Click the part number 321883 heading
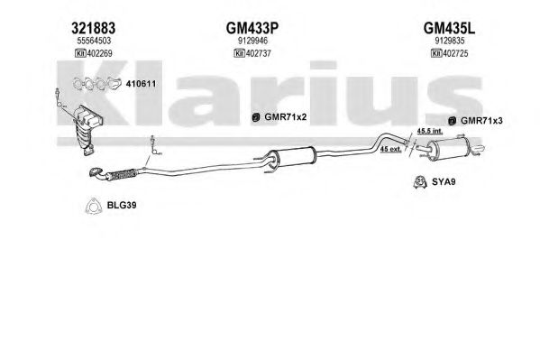94,28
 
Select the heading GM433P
252,28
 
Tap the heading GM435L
449,28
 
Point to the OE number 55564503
94,41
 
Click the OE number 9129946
252,41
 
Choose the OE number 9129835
450,41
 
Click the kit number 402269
99,53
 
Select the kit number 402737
259,53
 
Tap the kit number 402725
455,53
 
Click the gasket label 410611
141,84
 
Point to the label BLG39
122,205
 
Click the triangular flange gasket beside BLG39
93,207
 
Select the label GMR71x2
286,117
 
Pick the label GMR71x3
481,121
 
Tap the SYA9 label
444,181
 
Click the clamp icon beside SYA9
420,182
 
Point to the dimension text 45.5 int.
430,131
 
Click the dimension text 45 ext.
391,149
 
